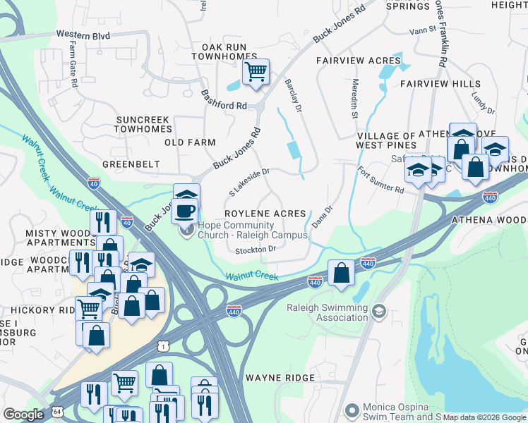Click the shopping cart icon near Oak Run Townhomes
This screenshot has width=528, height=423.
(256, 71)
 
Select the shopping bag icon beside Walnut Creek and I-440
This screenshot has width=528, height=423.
(341, 274)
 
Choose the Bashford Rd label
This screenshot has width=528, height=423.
(223, 99)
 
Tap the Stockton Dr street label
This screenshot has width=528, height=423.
(254, 249)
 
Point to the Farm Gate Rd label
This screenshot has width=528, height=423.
(73, 64)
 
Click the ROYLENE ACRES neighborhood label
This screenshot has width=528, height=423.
(265, 214)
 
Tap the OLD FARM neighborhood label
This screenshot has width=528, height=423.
(190, 142)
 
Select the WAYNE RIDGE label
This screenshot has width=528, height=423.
(279, 378)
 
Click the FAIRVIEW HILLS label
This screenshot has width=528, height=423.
(440, 84)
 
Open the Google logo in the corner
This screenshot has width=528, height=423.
(24, 415)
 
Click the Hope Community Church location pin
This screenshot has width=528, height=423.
(187, 230)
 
